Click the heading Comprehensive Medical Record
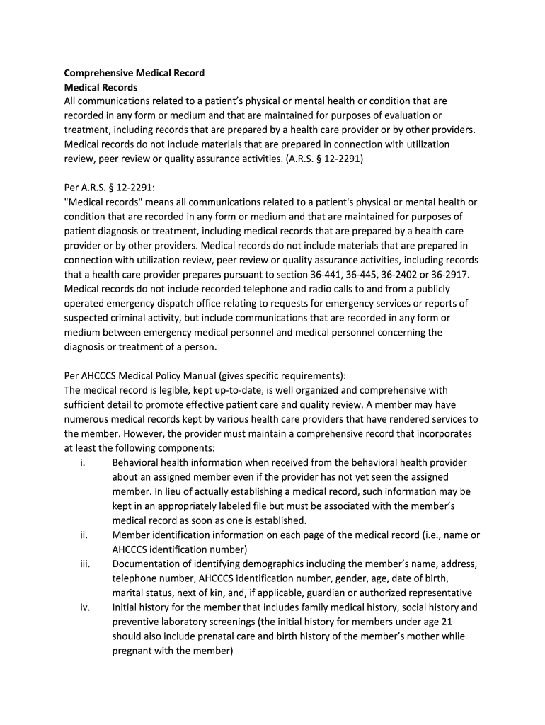pyautogui.click(x=134, y=73)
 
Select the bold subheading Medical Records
pyautogui.click(x=101, y=87)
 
